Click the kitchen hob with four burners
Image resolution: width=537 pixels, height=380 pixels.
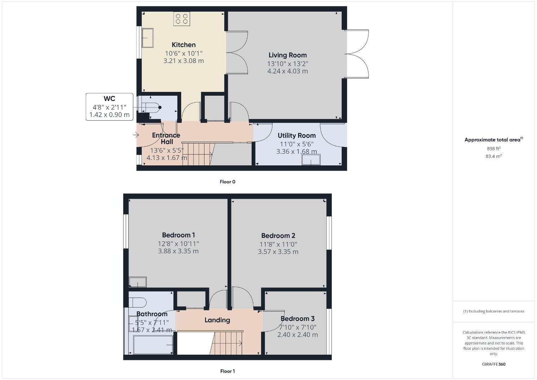[182, 19]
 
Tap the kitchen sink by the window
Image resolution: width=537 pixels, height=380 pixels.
[147, 38]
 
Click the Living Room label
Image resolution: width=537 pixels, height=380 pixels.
[288, 55]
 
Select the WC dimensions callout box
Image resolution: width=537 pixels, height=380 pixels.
[109, 107]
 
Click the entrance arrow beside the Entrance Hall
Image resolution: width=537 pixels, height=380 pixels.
[136, 135]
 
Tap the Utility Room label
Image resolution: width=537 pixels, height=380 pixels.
[297, 135]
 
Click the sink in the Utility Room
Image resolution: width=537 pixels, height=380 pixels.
[311, 160]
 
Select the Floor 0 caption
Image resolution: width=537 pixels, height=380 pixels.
[228, 182]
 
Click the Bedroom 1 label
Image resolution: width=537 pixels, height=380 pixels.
[178, 235]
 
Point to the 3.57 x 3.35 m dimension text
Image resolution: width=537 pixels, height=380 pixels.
[278, 252]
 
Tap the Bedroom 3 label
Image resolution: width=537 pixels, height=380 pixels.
[297, 319]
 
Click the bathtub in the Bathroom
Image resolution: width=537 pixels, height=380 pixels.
[153, 345]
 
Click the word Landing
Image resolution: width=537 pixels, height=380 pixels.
[217, 320]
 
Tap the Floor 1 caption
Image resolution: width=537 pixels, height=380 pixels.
[228, 371]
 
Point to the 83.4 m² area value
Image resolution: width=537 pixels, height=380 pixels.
[494, 156]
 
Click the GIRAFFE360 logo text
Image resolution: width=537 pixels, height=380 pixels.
[494, 364]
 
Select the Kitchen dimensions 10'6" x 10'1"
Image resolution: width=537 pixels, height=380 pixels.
[184, 53]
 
